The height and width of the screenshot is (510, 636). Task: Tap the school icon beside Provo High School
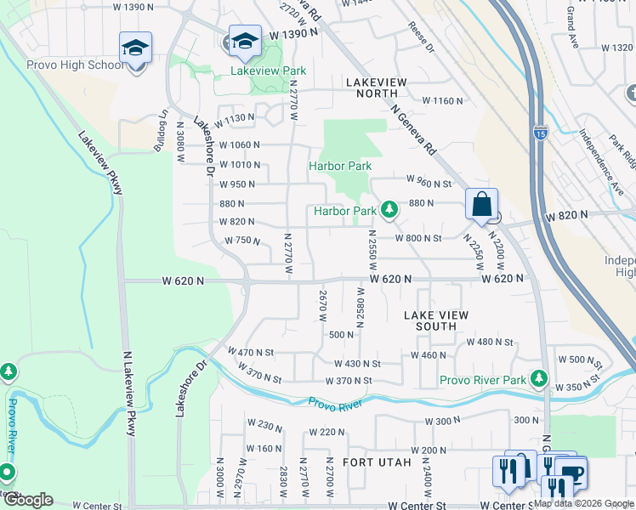pos(135,48)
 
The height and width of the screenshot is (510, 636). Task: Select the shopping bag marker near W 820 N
pos(481,205)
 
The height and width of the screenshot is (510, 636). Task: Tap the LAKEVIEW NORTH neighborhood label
pos(377,82)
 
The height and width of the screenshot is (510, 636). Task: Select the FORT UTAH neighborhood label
pos(377,462)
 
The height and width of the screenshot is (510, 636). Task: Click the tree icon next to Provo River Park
pos(538,377)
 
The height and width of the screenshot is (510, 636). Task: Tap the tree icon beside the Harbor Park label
pos(389,209)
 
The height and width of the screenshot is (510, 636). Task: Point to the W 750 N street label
pos(242,241)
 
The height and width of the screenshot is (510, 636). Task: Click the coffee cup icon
pos(571,472)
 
